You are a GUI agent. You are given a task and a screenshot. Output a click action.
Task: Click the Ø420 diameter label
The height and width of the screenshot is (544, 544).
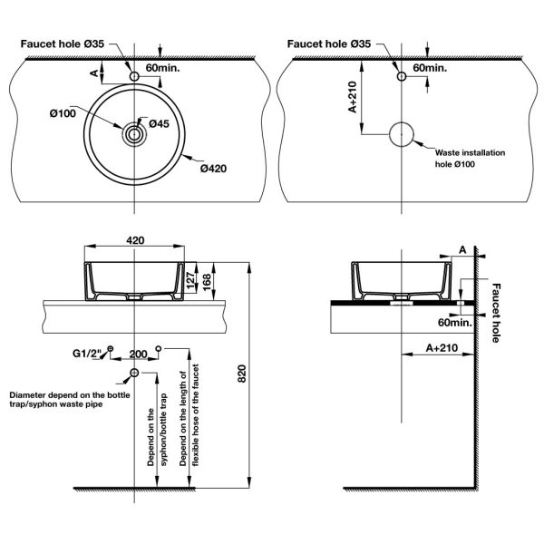(x=213, y=169)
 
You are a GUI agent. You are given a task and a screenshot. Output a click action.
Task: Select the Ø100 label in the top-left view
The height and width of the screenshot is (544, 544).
(x=63, y=113)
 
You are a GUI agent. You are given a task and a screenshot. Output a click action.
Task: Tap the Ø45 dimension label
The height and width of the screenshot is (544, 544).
(x=160, y=123)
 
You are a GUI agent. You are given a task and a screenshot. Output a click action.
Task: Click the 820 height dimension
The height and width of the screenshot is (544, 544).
(x=242, y=374)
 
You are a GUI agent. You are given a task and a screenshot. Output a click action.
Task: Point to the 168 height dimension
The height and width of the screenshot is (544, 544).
(x=207, y=282)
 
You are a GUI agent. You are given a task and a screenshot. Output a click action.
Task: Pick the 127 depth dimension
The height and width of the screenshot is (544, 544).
(x=190, y=280)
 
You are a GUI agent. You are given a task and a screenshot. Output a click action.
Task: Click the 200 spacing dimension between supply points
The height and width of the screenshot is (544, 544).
(x=138, y=355)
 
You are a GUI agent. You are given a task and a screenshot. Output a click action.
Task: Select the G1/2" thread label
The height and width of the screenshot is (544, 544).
(x=87, y=354)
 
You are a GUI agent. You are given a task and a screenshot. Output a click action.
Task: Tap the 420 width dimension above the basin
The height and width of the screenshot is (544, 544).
(x=135, y=240)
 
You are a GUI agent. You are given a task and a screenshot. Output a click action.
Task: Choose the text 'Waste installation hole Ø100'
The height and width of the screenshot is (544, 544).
(x=470, y=158)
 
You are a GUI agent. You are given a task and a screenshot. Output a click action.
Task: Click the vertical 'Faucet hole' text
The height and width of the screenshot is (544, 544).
(x=497, y=313)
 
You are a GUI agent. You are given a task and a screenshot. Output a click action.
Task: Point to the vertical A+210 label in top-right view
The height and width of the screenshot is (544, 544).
(x=352, y=97)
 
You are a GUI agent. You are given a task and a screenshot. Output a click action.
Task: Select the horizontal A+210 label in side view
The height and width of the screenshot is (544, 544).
(x=442, y=347)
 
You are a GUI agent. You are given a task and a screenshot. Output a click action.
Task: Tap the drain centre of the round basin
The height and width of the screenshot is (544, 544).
(x=134, y=134)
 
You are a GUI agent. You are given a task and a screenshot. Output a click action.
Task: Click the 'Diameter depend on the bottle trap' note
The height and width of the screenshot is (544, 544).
(x=70, y=399)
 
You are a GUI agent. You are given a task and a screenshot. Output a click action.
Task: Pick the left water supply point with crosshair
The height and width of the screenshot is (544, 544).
(x=111, y=348)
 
